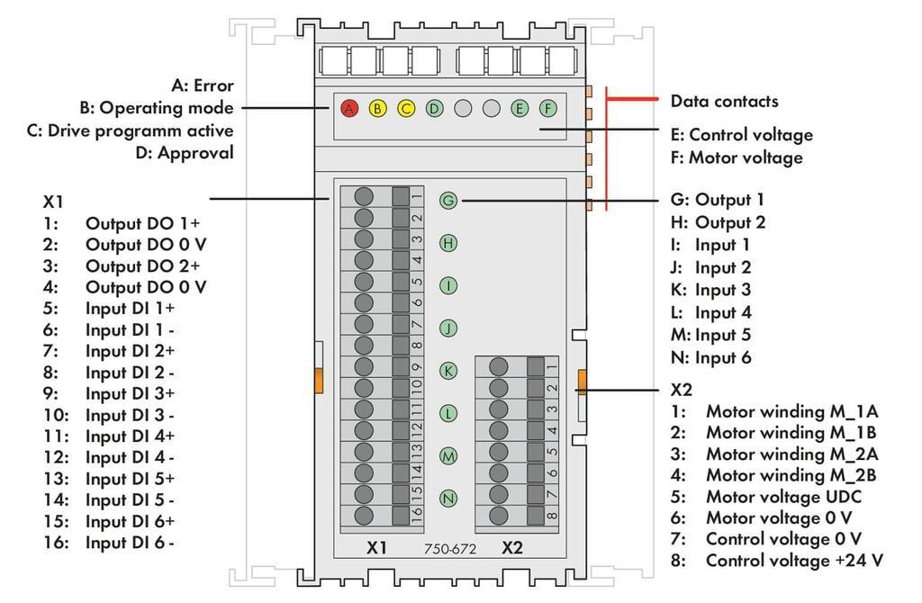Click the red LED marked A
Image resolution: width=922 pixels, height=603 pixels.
(350, 109)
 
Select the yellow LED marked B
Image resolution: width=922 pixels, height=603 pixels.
(378, 109)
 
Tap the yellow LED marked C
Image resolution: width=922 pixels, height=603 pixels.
(406, 109)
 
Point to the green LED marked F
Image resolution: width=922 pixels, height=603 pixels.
(547, 109)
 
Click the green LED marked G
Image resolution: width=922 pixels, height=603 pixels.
(448, 200)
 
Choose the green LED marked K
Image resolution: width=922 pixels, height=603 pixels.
(448, 371)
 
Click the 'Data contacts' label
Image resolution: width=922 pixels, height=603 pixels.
(724, 101)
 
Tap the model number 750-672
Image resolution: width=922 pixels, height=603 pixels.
(450, 548)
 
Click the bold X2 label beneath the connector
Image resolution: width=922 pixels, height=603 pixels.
(511, 547)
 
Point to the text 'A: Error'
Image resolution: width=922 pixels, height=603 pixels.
(202, 86)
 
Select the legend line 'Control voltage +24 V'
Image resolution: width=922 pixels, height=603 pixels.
(793, 561)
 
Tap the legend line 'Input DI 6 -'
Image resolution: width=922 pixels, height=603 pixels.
(130, 543)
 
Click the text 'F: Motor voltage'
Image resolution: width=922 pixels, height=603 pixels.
(737, 157)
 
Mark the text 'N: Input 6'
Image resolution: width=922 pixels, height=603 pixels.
(711, 357)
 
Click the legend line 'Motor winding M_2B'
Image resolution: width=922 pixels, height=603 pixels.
(791, 474)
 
